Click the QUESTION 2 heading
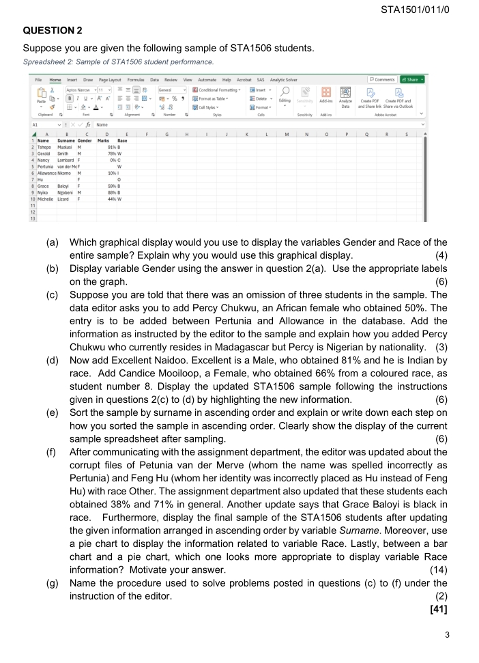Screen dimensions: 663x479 [53, 31]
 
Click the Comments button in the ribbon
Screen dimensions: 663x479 [382, 80]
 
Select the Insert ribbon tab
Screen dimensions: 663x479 [72, 80]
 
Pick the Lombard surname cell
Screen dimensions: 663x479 [63, 158]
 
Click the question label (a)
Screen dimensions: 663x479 [52, 242]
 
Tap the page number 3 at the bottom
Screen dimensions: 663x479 [447, 635]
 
